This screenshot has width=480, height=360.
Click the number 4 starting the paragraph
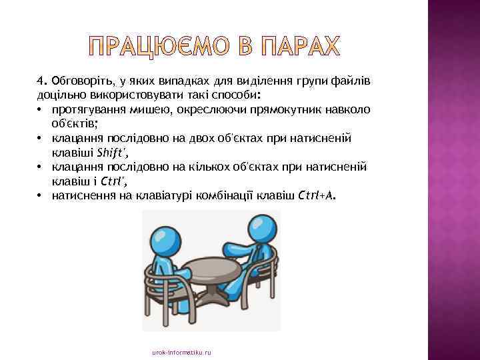(x=40, y=81)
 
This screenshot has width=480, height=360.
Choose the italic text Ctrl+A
(x=318, y=195)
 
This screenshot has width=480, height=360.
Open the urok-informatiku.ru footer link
(x=181, y=351)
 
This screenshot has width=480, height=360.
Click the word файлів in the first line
(x=355, y=81)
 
